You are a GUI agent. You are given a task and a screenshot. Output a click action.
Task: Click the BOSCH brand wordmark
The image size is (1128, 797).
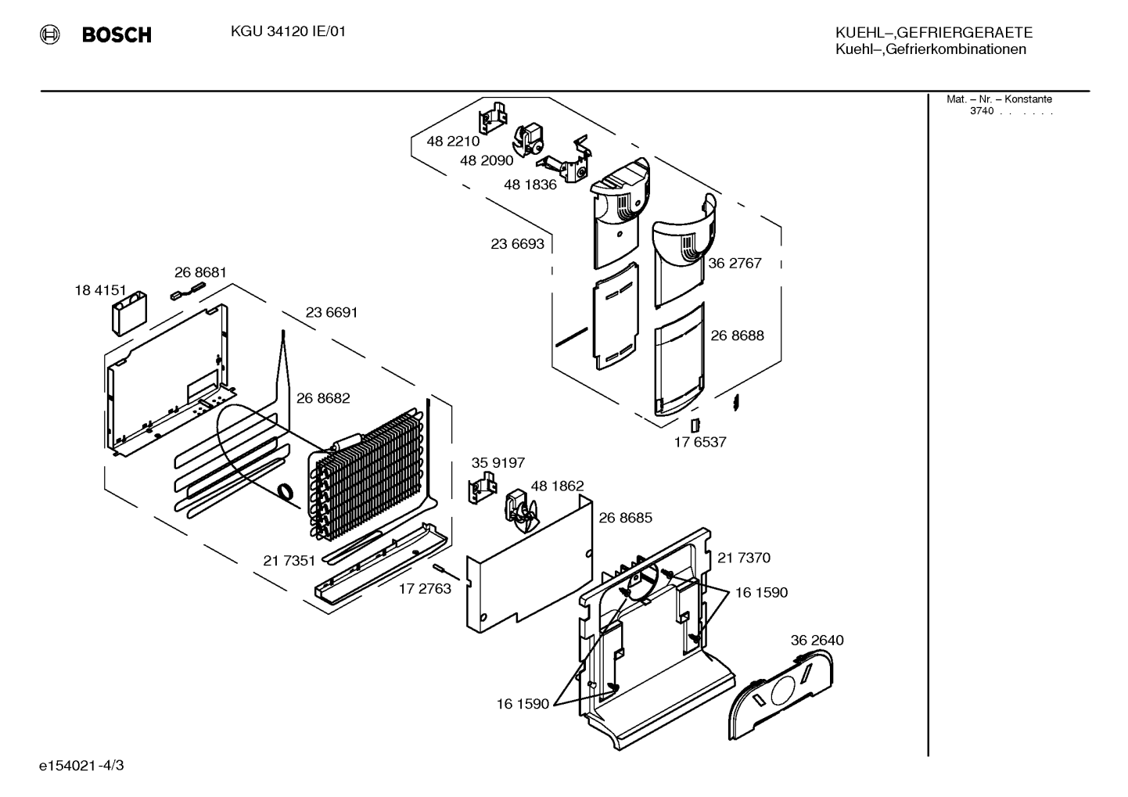117,34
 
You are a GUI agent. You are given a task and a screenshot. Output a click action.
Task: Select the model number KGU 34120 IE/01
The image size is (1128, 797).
288,31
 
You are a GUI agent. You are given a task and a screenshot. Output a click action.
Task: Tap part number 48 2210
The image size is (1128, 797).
453,142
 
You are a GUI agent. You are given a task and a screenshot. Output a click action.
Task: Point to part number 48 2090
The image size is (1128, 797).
487,160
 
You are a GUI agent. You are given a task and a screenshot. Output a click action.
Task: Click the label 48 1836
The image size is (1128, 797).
530,185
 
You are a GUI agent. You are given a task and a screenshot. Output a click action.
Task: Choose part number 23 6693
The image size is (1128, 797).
518,244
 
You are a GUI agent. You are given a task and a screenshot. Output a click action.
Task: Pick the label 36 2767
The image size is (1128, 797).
735,264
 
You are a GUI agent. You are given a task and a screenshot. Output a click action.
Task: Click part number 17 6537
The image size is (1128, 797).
700,442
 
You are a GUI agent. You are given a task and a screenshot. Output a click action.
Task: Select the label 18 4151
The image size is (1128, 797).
101,290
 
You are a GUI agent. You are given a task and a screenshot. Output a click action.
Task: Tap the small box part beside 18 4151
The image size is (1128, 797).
129,314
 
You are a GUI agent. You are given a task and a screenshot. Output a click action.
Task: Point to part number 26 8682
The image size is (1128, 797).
323,398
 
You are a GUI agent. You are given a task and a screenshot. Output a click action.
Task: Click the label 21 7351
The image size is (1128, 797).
289,561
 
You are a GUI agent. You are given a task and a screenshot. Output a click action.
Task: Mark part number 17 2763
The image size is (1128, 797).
425,589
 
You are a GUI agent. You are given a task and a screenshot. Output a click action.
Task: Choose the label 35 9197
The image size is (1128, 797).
498,463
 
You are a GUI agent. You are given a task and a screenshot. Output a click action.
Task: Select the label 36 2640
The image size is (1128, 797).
817,641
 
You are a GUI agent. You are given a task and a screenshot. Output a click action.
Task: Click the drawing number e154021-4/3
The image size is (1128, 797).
81,766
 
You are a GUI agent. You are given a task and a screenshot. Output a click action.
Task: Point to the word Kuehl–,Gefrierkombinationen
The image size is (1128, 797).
931,49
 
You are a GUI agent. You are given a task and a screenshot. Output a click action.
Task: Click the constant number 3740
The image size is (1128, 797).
982,111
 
